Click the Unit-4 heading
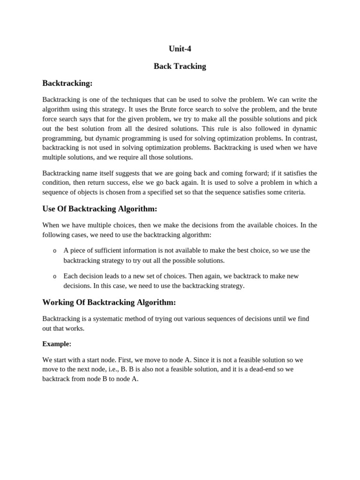[180, 49]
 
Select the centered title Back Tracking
[180, 66]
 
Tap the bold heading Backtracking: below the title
[67, 83]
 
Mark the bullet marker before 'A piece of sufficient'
[55, 251]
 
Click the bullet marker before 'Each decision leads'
[55, 277]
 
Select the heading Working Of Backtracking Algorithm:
[109, 302]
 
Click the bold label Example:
[57, 344]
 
